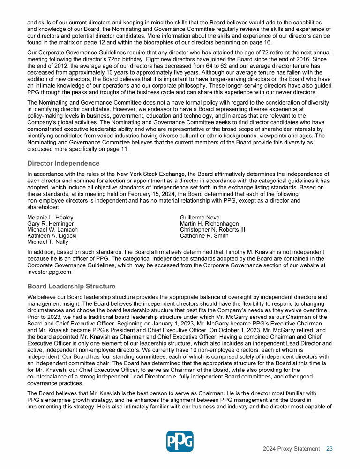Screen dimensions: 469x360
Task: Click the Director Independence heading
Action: [63, 163]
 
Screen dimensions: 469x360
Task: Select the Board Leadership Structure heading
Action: [71, 286]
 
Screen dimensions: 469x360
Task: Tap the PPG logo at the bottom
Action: [180, 441]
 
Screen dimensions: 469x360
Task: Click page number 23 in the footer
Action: [330, 449]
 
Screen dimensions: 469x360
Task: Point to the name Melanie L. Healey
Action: [50, 218]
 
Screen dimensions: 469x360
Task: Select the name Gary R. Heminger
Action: [50, 224]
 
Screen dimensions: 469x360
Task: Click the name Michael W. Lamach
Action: [52, 230]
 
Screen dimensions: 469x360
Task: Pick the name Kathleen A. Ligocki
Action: [52, 236]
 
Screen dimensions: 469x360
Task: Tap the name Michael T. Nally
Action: [47, 242]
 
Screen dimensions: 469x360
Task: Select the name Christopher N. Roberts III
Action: [212, 230]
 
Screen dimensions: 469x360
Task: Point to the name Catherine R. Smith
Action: [204, 236]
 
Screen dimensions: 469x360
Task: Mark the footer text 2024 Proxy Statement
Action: [291, 449]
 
